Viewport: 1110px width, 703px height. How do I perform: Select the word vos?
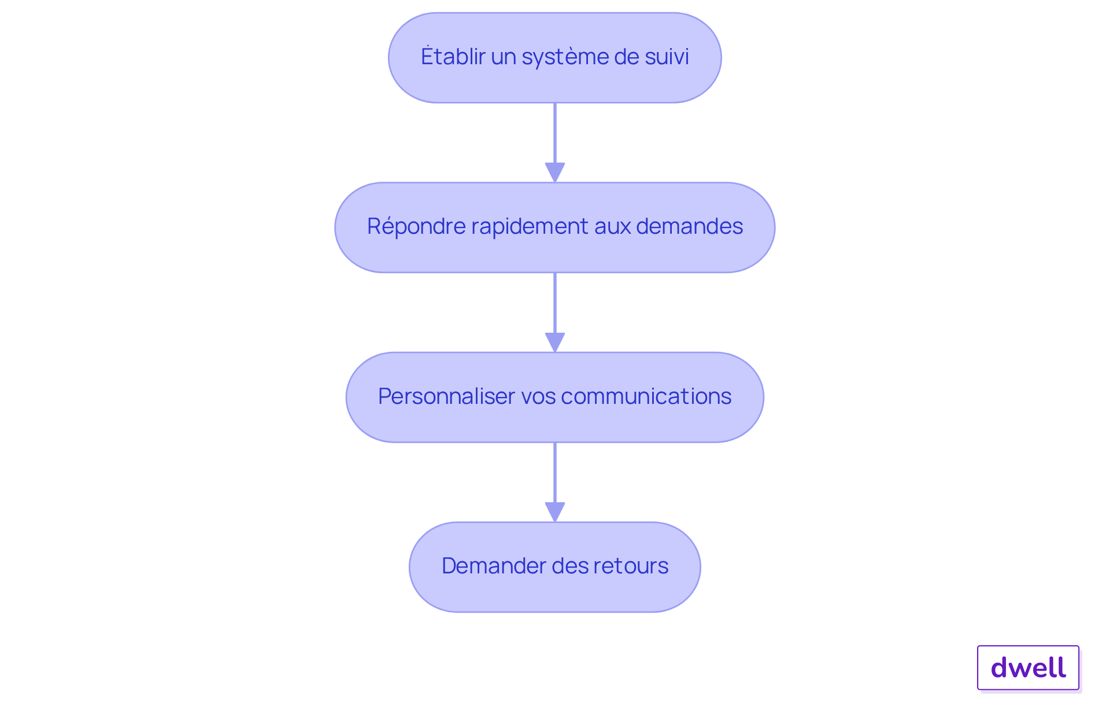click(538, 396)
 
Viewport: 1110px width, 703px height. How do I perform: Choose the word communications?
click(646, 396)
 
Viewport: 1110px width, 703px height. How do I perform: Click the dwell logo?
click(1028, 668)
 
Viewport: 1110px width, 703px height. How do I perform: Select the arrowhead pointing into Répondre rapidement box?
click(555, 172)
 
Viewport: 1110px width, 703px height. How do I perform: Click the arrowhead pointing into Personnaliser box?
click(555, 341)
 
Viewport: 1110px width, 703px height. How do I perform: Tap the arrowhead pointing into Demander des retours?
click(555, 511)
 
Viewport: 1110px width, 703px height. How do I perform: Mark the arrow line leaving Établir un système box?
click(555, 133)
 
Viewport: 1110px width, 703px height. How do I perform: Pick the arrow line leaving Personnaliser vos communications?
click(555, 472)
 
